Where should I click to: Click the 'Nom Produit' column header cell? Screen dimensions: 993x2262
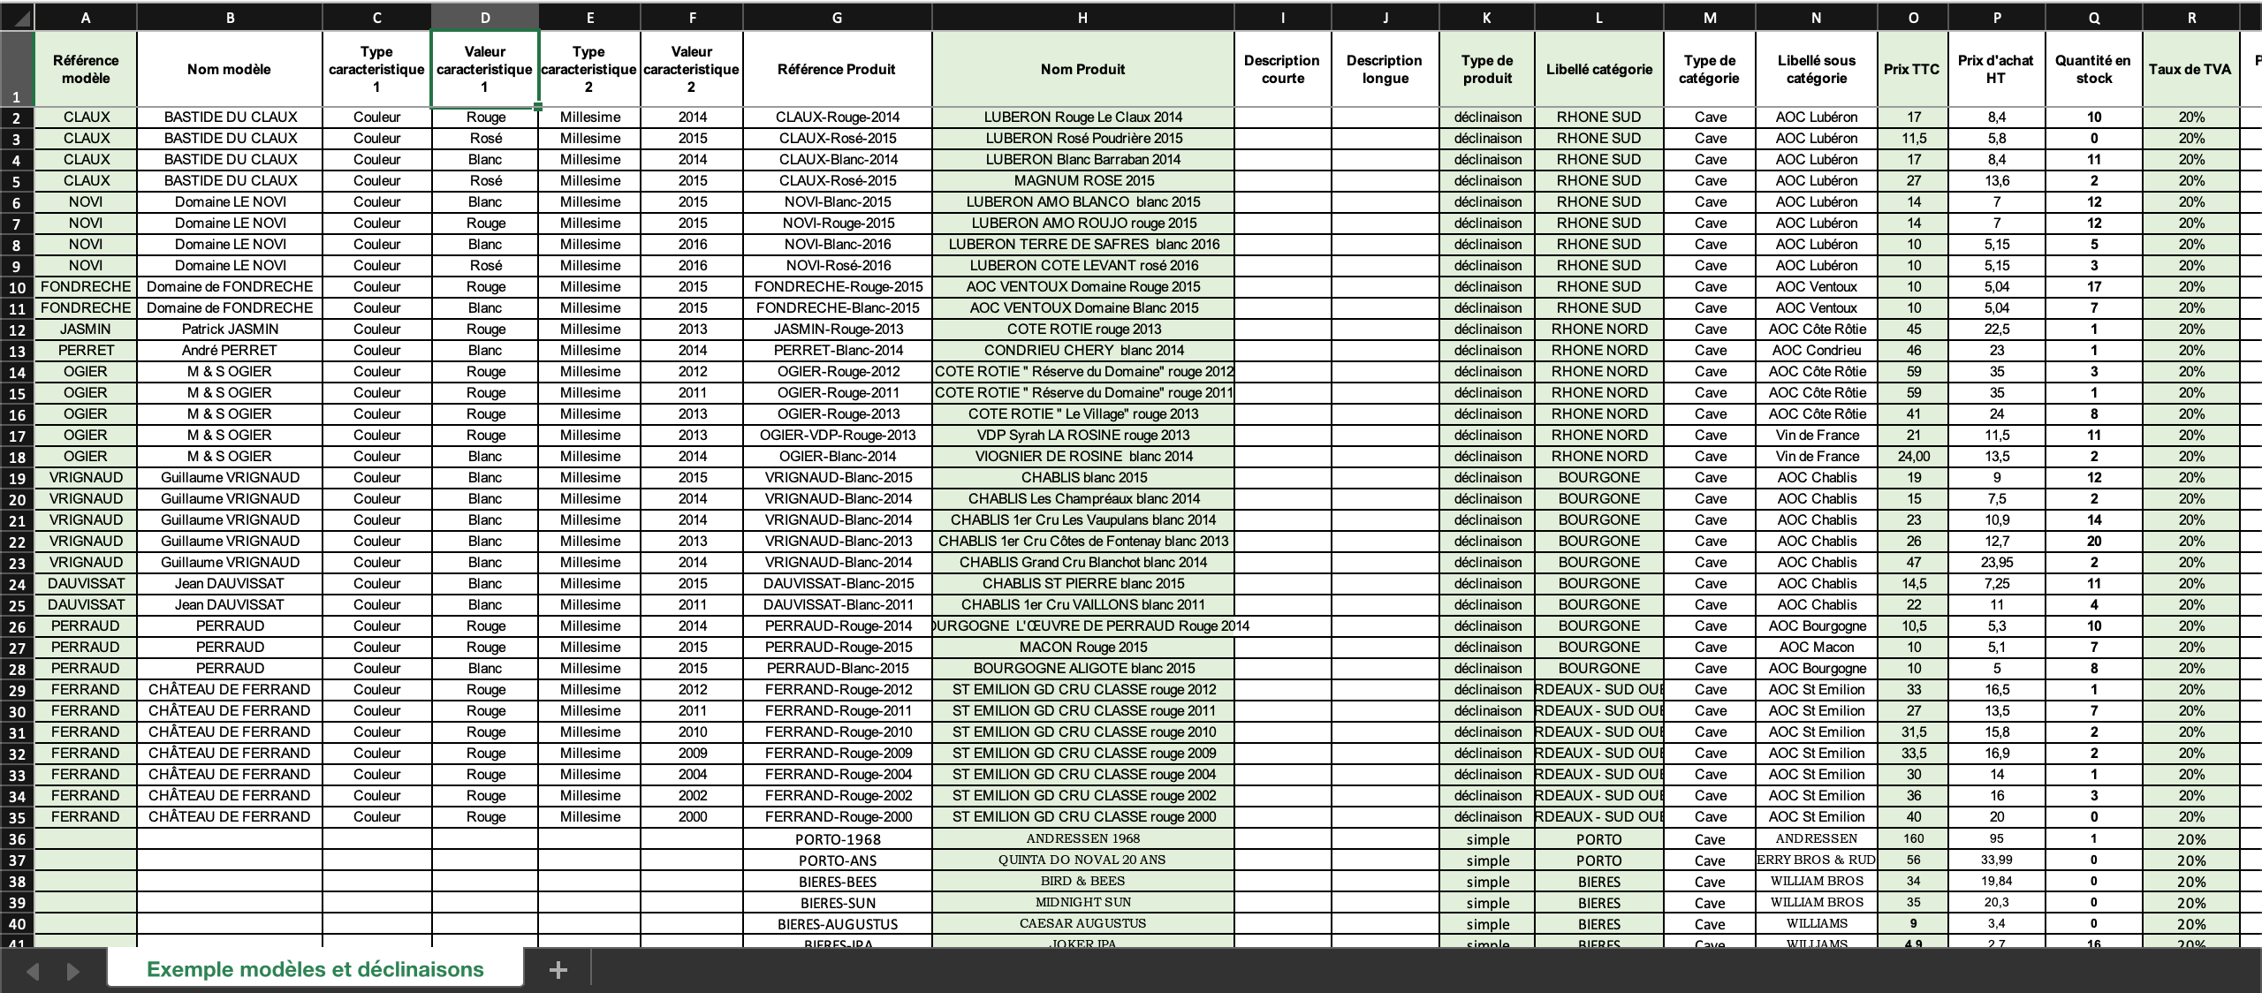click(1082, 69)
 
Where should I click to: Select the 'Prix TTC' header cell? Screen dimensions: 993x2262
click(1911, 69)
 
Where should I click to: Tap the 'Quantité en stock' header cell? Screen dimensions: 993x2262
click(2092, 69)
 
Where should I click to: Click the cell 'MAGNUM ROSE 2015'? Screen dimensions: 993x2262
click(1083, 180)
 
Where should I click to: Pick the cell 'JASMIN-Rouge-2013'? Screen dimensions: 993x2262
click(838, 329)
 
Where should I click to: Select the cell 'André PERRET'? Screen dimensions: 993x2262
click(230, 350)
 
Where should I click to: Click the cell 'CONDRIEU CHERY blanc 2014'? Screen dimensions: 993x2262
click(1083, 350)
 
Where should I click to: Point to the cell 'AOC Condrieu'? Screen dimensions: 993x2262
click(1817, 350)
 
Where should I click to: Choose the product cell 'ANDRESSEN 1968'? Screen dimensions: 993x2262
click(1083, 838)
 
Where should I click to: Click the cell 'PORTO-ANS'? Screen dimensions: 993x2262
click(838, 860)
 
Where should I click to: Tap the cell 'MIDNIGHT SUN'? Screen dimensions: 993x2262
click(1083, 902)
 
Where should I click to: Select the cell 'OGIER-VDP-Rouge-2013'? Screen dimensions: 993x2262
click(838, 435)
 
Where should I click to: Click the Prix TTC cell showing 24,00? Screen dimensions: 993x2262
click(1913, 456)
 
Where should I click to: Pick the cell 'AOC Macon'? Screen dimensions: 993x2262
click(1817, 647)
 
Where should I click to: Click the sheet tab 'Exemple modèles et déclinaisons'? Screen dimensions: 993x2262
click(315, 969)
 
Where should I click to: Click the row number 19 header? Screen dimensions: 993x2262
click(17, 478)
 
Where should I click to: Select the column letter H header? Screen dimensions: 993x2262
click(1082, 18)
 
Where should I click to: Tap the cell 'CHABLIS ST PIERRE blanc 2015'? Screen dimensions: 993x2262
click(1083, 583)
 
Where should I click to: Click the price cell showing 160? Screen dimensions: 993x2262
click(1913, 838)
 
